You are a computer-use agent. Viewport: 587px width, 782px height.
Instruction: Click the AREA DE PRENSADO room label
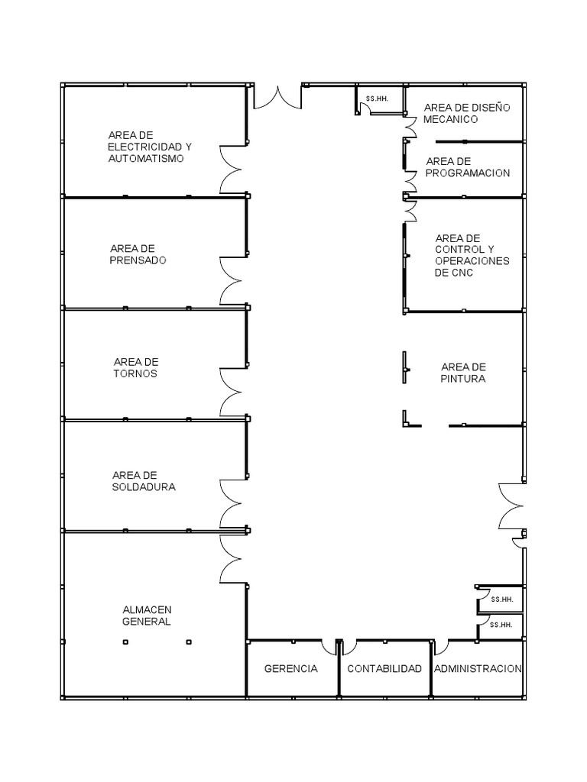tap(138, 254)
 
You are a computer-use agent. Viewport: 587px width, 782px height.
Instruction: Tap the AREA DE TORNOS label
tap(136, 367)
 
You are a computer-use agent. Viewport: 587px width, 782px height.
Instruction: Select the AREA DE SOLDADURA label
tap(144, 481)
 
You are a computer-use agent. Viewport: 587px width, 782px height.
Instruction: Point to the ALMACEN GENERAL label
tap(147, 616)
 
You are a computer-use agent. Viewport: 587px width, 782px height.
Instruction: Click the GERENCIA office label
tap(291, 668)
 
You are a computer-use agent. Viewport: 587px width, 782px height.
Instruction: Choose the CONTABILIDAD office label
tap(384, 668)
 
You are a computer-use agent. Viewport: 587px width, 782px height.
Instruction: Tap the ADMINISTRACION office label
tap(478, 668)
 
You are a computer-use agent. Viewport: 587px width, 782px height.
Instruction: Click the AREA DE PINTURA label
tap(463, 373)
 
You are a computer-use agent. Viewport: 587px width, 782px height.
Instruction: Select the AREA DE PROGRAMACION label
tap(468, 167)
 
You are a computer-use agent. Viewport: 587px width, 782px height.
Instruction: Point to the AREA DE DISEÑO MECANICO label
tap(467, 113)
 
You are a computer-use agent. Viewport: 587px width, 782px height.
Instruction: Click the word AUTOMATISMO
tap(146, 159)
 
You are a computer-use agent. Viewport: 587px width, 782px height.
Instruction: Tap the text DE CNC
tap(454, 273)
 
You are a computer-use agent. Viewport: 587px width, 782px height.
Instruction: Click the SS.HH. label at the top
tap(377, 99)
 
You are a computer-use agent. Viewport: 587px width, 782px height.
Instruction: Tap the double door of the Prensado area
tap(231, 281)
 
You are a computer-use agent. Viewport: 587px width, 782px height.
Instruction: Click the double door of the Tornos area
tap(231, 392)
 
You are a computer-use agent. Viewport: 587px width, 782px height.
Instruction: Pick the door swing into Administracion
tap(441, 647)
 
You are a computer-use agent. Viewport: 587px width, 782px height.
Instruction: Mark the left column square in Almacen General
tap(125, 641)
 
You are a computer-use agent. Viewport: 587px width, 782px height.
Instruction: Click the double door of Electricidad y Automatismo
tap(231, 169)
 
